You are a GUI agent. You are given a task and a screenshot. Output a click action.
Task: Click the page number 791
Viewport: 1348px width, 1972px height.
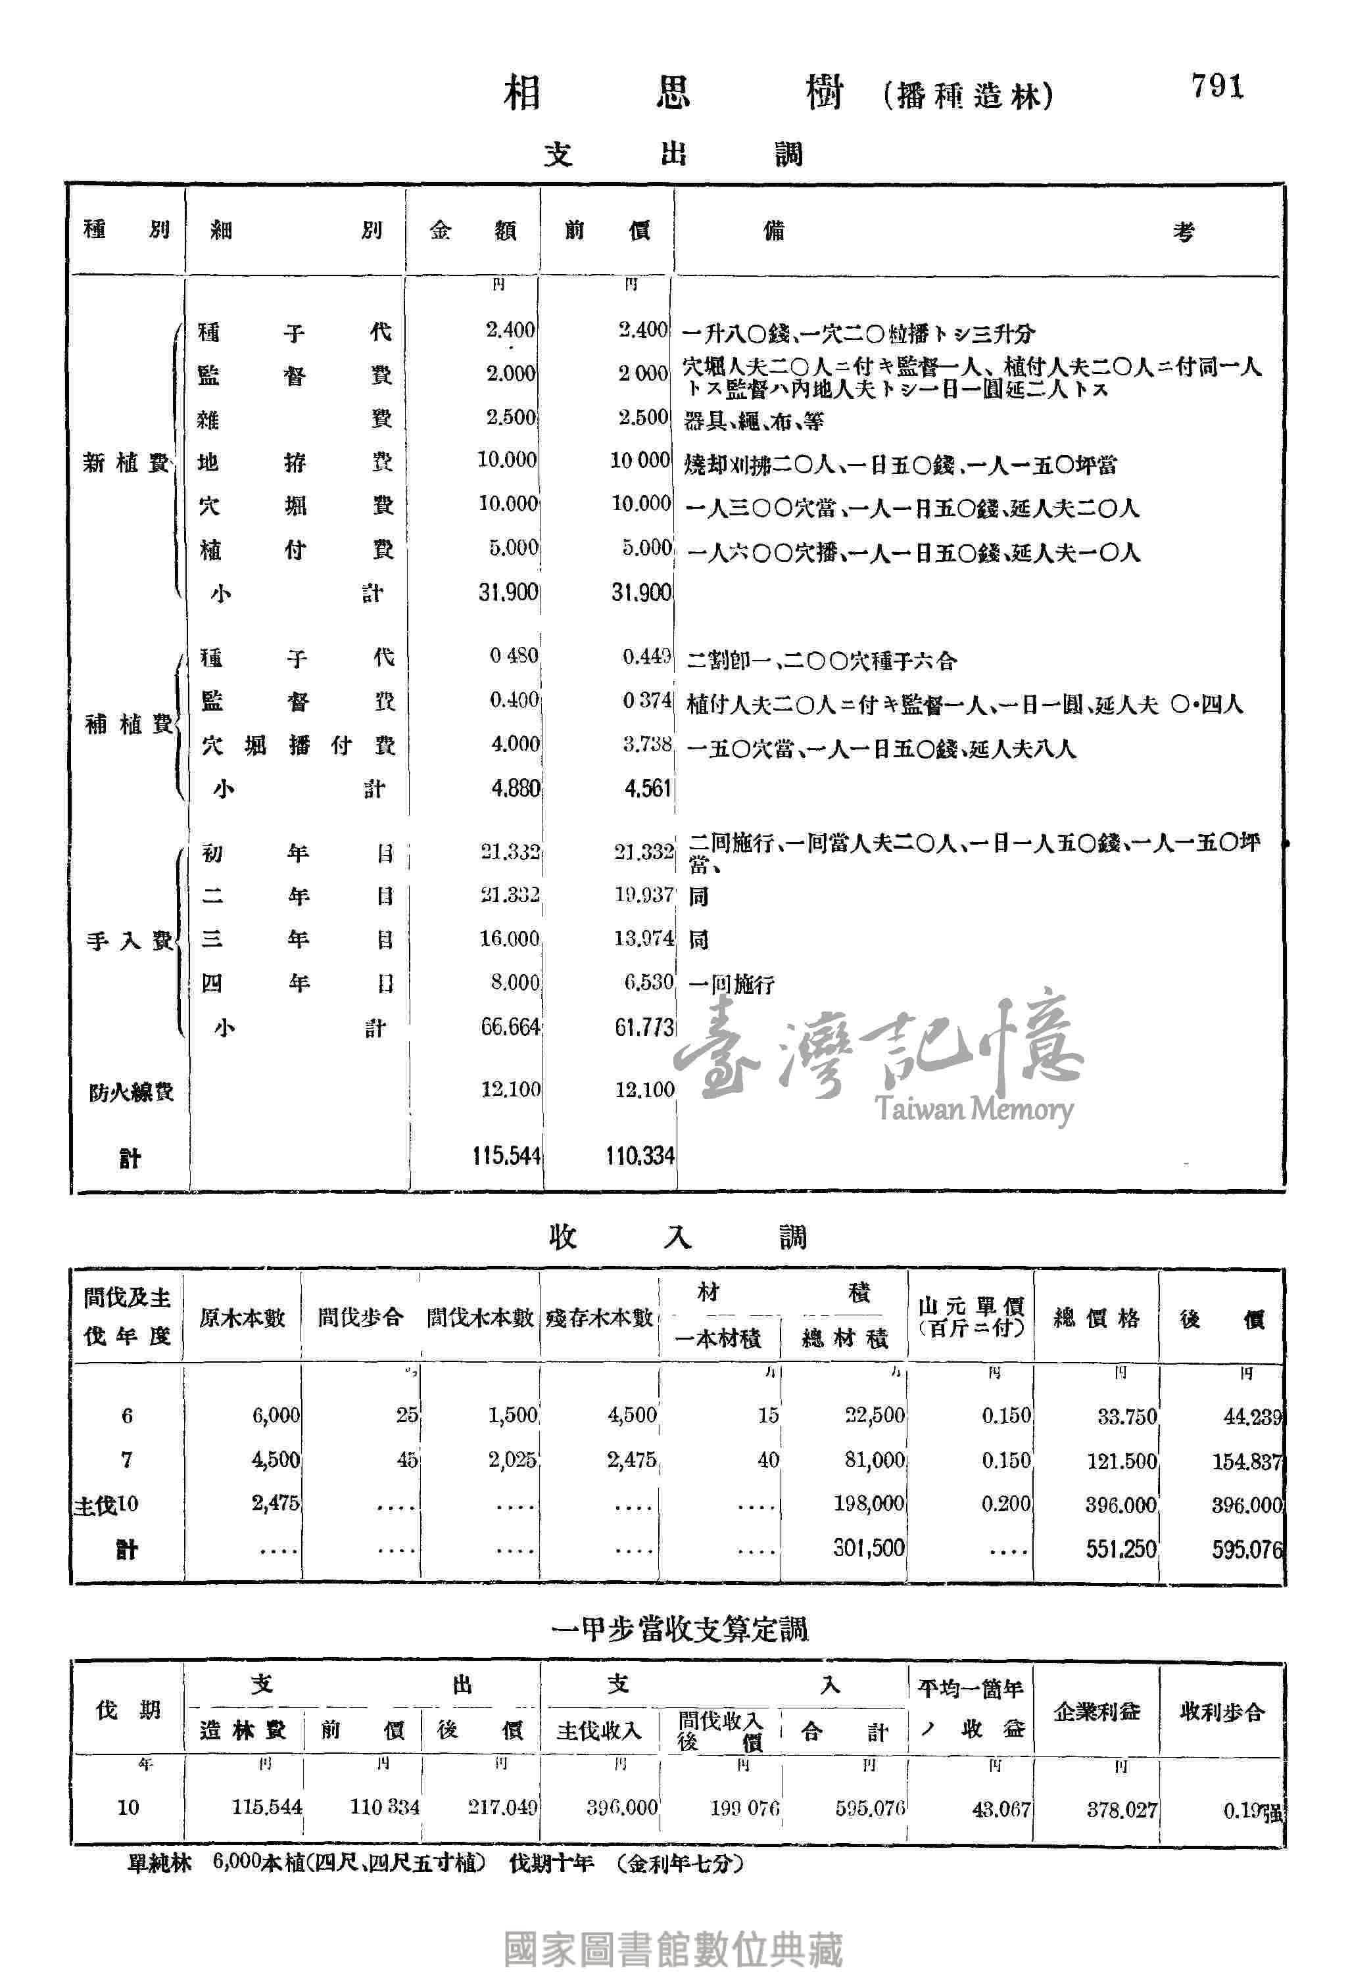pyautogui.click(x=1216, y=87)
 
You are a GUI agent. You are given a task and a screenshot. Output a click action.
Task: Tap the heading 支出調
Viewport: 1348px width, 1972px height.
pyautogui.click(x=673, y=154)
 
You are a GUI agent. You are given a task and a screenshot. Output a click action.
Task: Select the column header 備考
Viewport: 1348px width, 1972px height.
pyautogui.click(x=976, y=231)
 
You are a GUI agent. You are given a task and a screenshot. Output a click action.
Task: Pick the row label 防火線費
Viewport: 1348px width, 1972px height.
pyautogui.click(x=131, y=1092)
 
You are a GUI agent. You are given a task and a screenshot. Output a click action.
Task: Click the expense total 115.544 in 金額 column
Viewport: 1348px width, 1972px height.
pyautogui.click(x=506, y=1156)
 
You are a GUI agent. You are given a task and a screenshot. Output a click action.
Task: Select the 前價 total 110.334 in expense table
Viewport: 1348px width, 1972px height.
pyautogui.click(x=640, y=1156)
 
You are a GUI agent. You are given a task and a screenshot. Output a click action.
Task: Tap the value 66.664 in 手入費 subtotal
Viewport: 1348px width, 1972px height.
pyautogui.click(x=510, y=1027)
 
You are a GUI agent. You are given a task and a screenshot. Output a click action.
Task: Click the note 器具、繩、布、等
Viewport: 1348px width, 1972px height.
pyautogui.click(x=753, y=421)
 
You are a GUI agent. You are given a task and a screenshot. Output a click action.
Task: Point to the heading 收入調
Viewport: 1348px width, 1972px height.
pyautogui.click(x=677, y=1238)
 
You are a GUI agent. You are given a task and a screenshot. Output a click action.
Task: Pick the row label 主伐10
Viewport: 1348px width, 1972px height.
pyautogui.click(x=106, y=1505)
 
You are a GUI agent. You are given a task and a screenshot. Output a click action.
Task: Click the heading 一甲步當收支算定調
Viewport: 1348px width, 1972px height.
pyautogui.click(x=679, y=1628)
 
